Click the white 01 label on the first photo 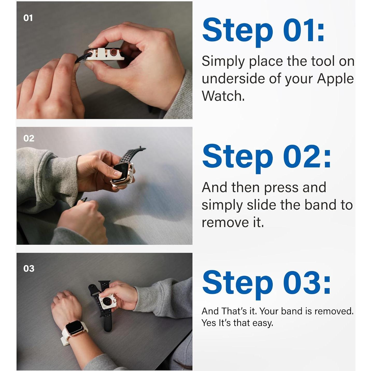pos(28,18)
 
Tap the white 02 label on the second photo pos(29,138)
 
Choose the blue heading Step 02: pos(266,158)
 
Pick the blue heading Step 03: pos(266,284)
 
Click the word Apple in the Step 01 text pos(335,79)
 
